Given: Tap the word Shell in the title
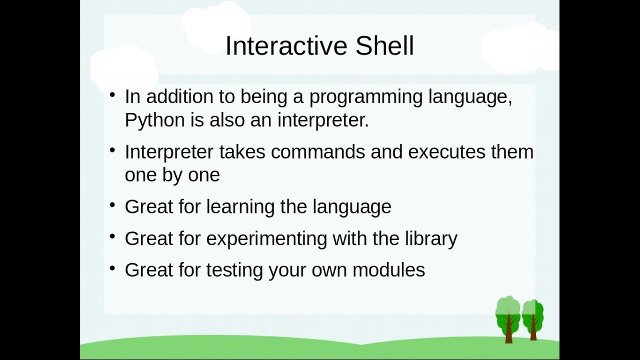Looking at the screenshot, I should pyautogui.click(x=384, y=46).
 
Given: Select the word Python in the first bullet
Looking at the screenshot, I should pyautogui.click(x=154, y=120).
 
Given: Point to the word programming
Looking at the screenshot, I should pyautogui.click(x=366, y=97).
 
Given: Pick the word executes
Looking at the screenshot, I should pyautogui.click(x=446, y=151).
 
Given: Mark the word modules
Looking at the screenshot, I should pyautogui.click(x=388, y=270).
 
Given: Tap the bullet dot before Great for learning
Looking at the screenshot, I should pyautogui.click(x=113, y=204).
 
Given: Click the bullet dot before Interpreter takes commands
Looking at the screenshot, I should pyautogui.click(x=113, y=149).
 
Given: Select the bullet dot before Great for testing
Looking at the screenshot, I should pyautogui.click(x=113, y=268).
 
